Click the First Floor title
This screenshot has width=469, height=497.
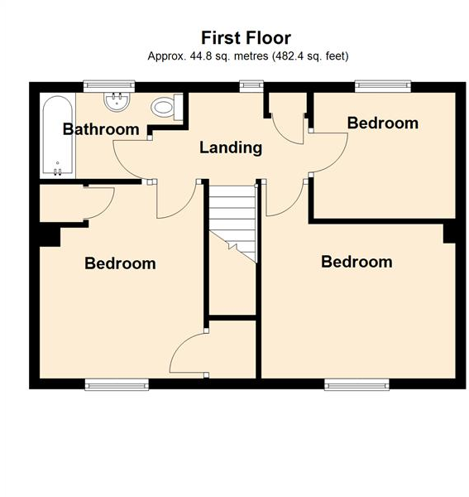click(246, 38)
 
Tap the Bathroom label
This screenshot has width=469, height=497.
click(101, 129)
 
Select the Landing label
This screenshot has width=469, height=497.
click(231, 148)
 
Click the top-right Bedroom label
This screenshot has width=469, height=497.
click(382, 123)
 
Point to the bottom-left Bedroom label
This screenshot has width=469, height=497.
click(120, 263)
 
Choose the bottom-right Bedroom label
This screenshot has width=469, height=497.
click(357, 262)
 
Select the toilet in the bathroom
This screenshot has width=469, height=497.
click(166, 106)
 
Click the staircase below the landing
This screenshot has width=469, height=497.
click(232, 219)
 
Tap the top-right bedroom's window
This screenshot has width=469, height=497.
click(383, 83)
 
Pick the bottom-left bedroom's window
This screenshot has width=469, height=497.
click(117, 384)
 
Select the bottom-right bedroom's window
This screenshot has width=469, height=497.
click(357, 384)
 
